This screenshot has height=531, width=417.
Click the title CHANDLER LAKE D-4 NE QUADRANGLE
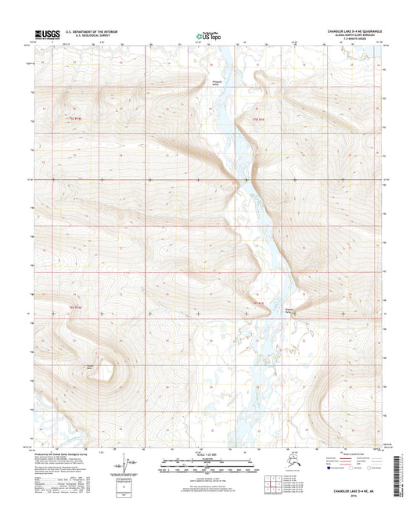[350, 31]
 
